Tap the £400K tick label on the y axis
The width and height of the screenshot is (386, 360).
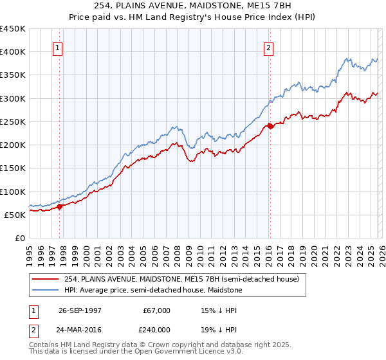[13, 52]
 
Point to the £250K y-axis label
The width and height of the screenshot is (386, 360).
[13, 122]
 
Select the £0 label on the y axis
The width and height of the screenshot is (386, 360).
[21, 238]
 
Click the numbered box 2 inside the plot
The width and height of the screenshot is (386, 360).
[268, 47]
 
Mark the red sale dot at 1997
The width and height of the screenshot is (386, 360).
[60, 206]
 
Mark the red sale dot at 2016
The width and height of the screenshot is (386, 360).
[270, 126]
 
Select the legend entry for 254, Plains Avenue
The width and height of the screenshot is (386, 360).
[181, 280]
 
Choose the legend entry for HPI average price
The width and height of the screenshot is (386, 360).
[152, 291]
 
